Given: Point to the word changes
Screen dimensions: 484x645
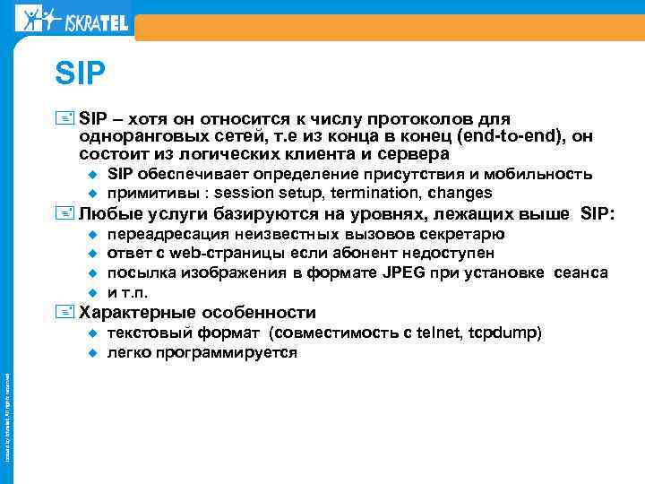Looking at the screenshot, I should coord(460,193).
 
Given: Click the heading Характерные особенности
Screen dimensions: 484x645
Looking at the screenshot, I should coord(198,313).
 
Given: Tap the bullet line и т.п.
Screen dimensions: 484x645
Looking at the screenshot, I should coord(127,292).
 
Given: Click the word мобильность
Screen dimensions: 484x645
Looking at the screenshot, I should coord(546,173).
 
